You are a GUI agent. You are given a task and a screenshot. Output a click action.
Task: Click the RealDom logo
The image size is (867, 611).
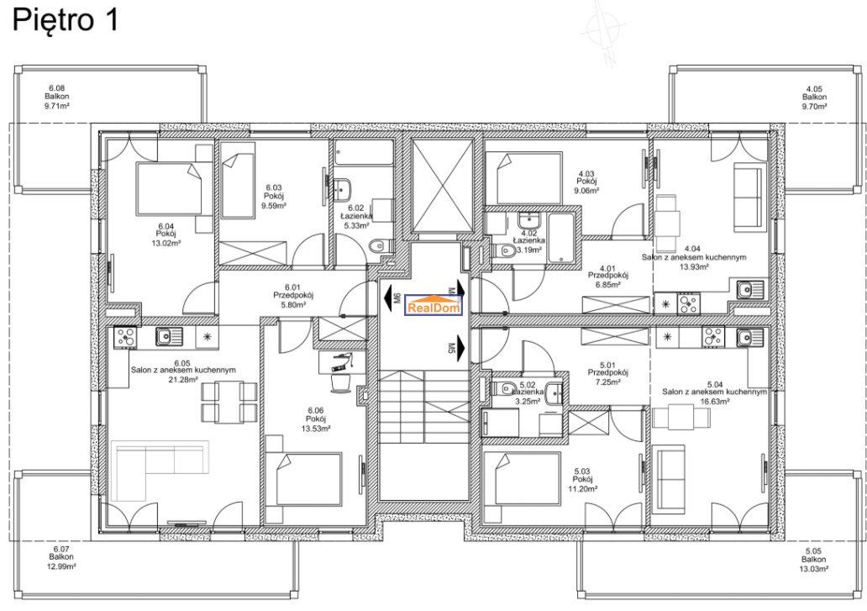point(433,305)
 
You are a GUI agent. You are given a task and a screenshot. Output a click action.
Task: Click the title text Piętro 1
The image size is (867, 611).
point(66,20)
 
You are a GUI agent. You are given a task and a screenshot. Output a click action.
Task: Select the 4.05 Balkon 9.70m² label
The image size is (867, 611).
point(814,97)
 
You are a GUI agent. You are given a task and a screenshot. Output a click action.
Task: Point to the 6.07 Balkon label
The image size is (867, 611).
point(60,557)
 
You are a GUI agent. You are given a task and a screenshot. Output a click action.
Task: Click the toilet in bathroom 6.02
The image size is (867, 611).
point(381,246)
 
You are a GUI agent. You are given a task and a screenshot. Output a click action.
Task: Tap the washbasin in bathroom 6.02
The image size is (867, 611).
point(344,189)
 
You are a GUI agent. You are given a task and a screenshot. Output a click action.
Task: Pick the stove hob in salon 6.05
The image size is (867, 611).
point(126,337)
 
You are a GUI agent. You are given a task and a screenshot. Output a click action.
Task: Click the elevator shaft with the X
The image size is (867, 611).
point(444,186)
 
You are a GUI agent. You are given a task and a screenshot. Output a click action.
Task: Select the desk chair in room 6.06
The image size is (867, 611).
point(339,382)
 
